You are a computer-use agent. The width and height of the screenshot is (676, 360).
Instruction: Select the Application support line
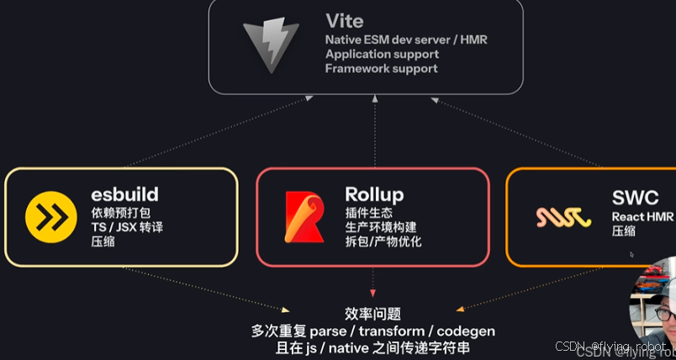[382, 54]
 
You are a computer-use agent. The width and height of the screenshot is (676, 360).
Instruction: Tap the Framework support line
[381, 68]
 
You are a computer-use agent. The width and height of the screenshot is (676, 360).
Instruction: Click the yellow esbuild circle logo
[50, 217]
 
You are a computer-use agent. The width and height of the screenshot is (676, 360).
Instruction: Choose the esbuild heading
[125, 194]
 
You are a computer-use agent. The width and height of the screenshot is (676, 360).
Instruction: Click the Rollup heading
[374, 194]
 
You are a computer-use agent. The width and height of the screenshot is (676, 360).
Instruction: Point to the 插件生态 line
[368, 213]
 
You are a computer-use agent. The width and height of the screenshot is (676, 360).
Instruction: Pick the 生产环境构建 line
[380, 227]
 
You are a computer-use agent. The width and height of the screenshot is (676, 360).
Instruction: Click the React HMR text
[640, 217]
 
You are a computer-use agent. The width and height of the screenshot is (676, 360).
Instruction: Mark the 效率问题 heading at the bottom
[372, 312]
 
